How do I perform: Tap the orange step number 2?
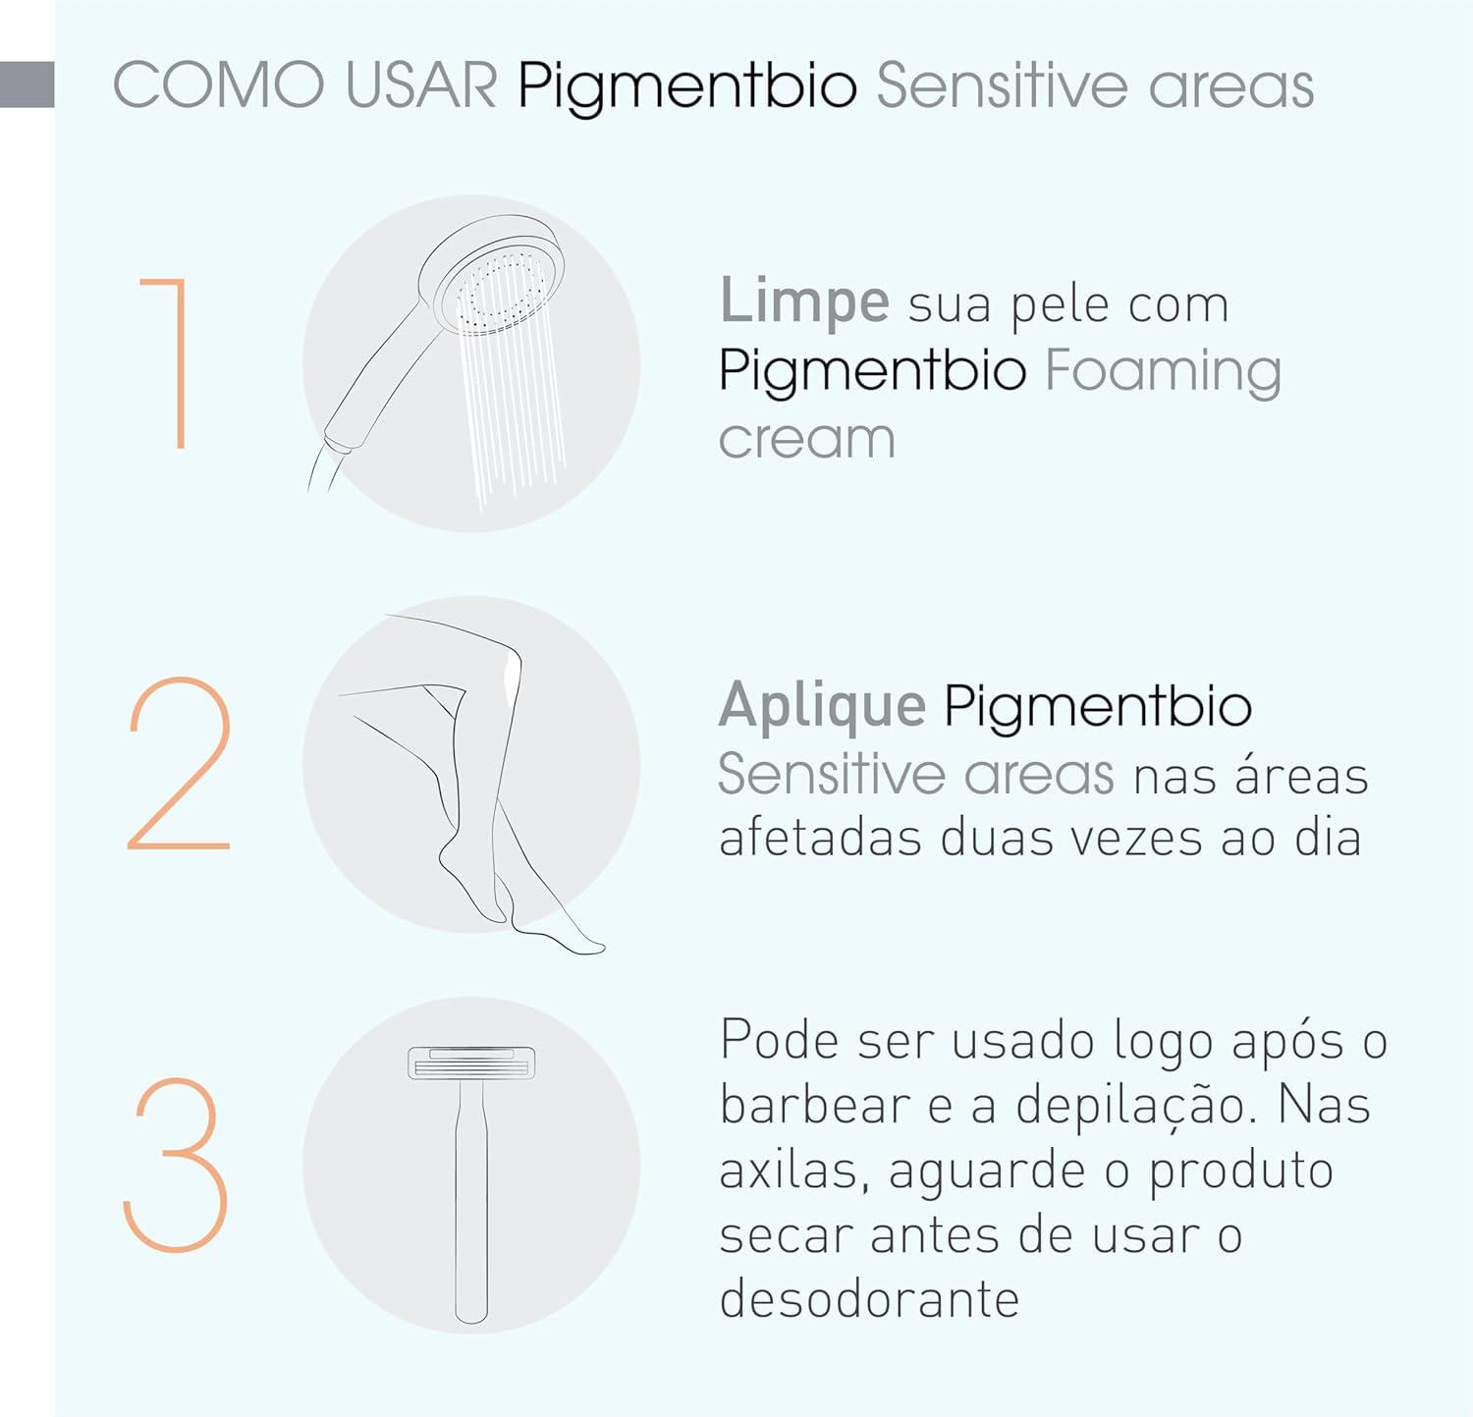[x=179, y=763]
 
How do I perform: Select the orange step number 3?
[x=177, y=1165]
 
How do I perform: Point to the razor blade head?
[x=471, y=1063]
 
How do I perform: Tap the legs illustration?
[x=471, y=776]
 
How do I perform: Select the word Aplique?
[x=822, y=706]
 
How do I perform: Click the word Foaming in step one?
[x=1164, y=371]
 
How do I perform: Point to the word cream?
[x=806, y=438]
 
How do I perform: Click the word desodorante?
[x=869, y=1299]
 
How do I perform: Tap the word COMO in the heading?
[x=218, y=85]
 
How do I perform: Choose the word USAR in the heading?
[x=421, y=85]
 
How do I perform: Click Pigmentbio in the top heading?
[x=687, y=87]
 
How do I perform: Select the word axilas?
[x=793, y=1171]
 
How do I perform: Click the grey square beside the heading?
[x=27, y=84]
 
